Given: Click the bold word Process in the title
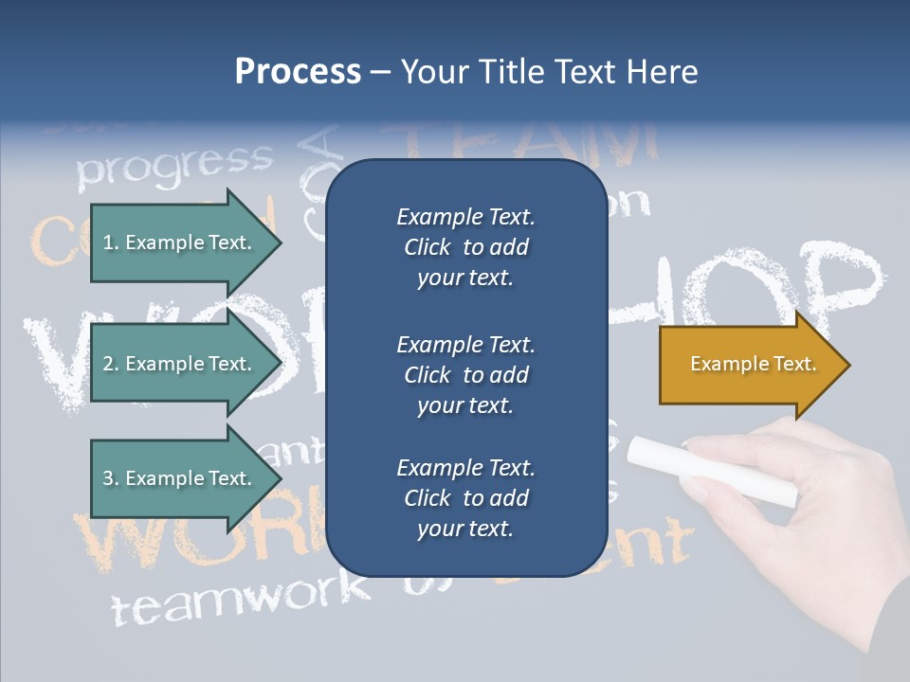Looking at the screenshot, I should tap(298, 72).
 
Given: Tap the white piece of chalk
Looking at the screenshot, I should tap(712, 470).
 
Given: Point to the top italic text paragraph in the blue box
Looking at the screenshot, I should tap(465, 247).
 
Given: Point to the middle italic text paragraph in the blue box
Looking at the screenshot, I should tap(465, 374).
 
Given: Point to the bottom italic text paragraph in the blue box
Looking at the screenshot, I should tap(465, 497).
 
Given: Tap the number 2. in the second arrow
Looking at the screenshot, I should tap(111, 364).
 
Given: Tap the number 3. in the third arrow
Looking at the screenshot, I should tap(111, 478).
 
